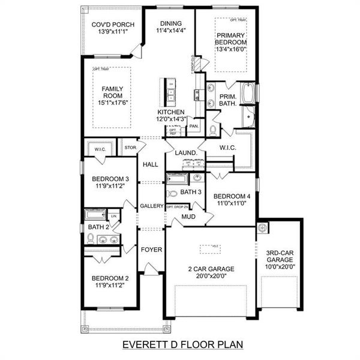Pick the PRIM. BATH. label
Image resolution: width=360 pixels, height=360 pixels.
pos(227,100)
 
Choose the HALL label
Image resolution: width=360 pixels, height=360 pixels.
pos(149,164)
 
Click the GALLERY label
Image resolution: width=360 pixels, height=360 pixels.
pos(152,206)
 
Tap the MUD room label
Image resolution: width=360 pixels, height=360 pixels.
pos(188,217)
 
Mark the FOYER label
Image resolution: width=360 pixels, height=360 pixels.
pos(151,249)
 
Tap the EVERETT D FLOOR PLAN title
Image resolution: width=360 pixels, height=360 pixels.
pos(179,345)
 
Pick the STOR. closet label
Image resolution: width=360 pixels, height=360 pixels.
pos(130,147)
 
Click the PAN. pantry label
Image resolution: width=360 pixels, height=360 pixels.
pos(193,126)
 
